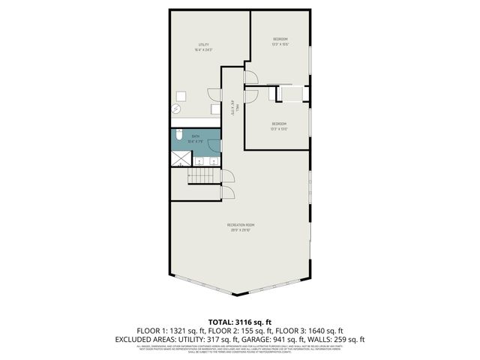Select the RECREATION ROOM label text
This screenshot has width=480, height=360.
241,225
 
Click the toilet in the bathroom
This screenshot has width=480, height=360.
179,135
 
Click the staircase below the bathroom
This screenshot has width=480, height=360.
201,177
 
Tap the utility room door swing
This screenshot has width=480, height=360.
216,94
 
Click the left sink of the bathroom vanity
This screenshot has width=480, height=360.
199,160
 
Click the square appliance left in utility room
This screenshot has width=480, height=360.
181,96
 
